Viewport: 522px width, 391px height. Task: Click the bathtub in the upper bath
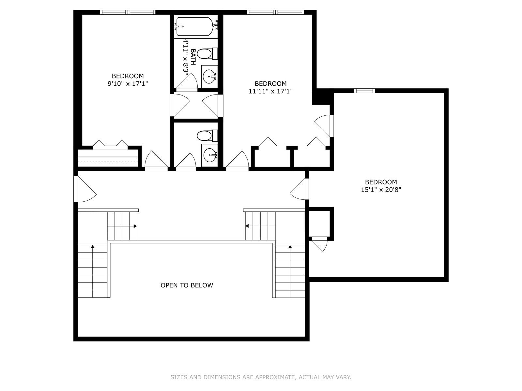pos(195,26)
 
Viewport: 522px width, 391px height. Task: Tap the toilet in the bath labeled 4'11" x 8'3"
pos(207,54)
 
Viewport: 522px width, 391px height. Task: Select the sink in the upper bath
pos(209,77)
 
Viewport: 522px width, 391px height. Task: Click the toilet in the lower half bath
pos(207,136)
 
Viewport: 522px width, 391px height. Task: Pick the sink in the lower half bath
pos(209,155)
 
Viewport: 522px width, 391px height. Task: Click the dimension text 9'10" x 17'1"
pos(128,84)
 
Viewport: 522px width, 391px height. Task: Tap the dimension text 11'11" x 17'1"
pos(271,91)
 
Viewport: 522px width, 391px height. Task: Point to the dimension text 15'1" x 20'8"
pos(381,190)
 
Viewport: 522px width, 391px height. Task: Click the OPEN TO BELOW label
pos(187,285)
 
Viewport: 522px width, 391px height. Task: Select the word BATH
pos(193,57)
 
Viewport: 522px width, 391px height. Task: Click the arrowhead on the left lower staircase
pos(93,247)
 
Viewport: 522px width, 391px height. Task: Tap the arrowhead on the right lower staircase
pos(290,247)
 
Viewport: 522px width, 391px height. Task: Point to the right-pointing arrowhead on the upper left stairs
pos(135,226)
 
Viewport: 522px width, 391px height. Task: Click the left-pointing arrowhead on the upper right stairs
pos(247,226)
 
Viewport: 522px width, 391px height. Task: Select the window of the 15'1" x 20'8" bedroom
pos(364,91)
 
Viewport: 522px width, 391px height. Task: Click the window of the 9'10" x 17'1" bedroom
pos(128,12)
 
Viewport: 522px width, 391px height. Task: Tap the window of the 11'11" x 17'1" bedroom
pos(275,12)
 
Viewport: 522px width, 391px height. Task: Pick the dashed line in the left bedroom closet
pos(108,162)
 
